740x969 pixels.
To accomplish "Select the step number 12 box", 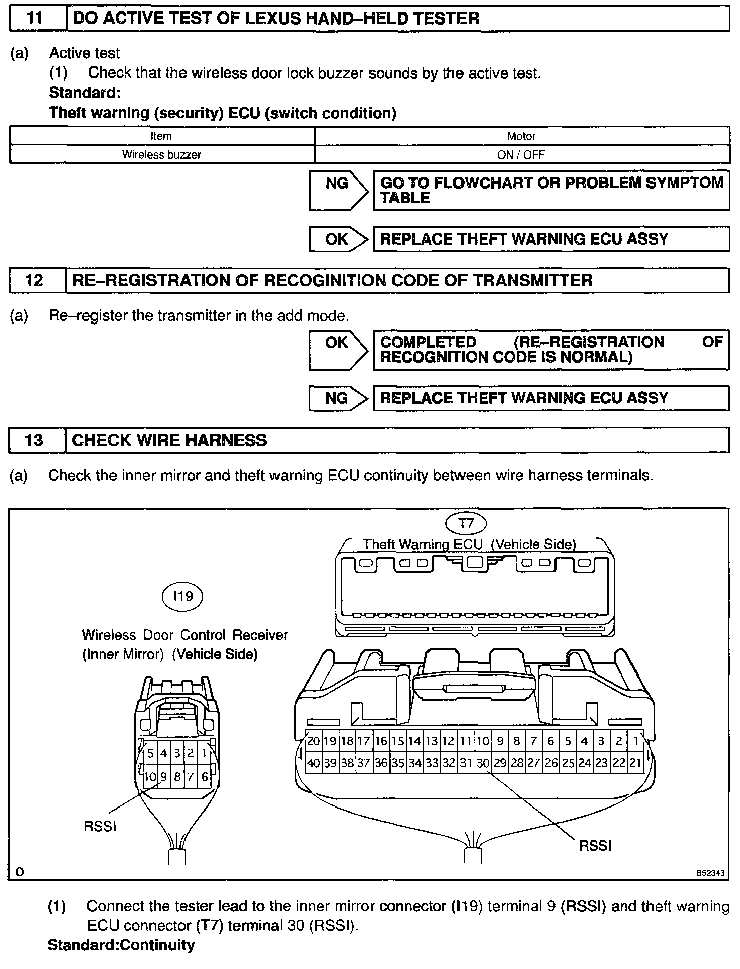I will (x=35, y=281).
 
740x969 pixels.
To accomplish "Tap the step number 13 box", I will (x=35, y=441).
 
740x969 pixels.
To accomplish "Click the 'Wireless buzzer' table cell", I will (x=161, y=155).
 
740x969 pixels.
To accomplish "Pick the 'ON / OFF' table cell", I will (x=521, y=155).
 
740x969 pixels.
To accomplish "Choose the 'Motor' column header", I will (x=521, y=136).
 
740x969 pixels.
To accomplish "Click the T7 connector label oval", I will (x=466, y=524).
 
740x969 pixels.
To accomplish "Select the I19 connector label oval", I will (x=182, y=596).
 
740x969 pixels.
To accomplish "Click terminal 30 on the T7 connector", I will (x=483, y=763).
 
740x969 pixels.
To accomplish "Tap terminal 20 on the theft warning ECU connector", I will (x=313, y=741).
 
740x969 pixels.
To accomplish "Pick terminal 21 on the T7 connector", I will (x=635, y=763).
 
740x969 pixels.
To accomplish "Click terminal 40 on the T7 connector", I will (x=313, y=763).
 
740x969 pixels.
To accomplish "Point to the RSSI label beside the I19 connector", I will (x=101, y=827).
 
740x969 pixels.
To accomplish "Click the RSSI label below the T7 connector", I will (x=595, y=846).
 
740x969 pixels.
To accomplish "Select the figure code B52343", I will (x=710, y=873).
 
